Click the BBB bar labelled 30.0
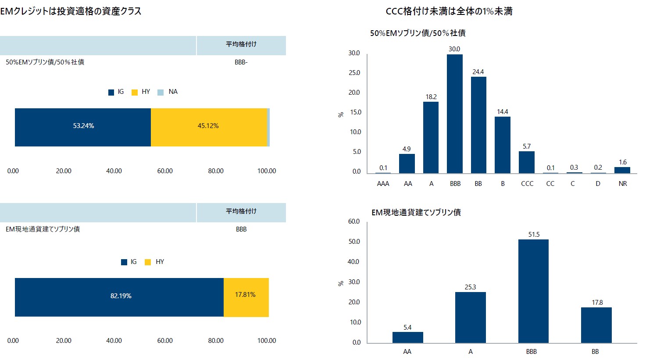(455, 114)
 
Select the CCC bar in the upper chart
(527, 162)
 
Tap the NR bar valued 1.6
(622, 170)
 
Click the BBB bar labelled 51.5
(533, 291)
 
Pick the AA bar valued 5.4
(407, 337)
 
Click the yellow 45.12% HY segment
(209, 127)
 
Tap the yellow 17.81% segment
(246, 297)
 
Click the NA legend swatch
(161, 92)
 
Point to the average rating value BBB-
(241, 62)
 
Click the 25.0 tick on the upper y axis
(354, 73)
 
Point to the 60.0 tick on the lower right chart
(354, 221)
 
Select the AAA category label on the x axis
(383, 184)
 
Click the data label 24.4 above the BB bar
(478, 72)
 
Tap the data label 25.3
(470, 287)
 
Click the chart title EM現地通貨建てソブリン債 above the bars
(416, 213)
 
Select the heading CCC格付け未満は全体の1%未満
(449, 11)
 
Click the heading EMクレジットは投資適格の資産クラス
(71, 11)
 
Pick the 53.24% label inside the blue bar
(83, 126)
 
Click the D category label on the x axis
(598, 184)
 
